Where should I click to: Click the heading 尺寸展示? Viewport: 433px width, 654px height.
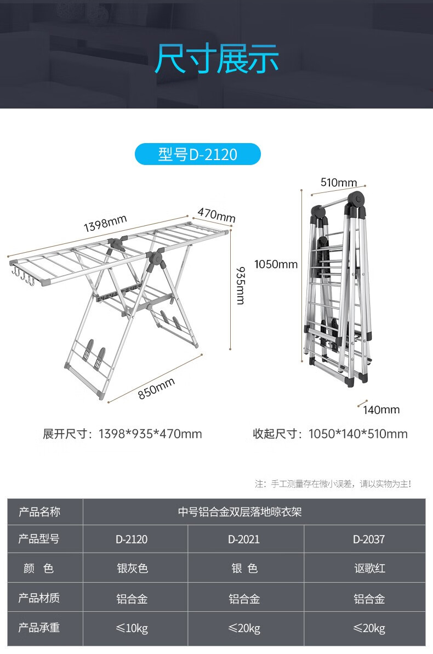click(216, 59)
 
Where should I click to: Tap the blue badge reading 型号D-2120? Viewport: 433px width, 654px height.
click(197, 155)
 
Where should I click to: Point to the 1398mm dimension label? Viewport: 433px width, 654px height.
click(105, 223)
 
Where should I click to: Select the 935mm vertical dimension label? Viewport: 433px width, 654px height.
click(240, 285)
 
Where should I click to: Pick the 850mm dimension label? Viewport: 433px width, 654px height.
click(156, 388)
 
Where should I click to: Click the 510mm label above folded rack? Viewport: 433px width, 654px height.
click(338, 183)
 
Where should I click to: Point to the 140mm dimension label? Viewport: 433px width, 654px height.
click(381, 410)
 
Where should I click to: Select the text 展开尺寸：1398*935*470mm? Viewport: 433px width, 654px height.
click(123, 434)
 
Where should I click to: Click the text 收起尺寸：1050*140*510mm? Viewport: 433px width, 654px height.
click(330, 434)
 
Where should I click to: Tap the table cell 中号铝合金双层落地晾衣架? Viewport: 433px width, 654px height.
click(240, 512)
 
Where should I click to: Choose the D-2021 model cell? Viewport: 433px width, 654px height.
click(244, 539)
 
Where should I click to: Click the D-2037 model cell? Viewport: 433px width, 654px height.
click(369, 539)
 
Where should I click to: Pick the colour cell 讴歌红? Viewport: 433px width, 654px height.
click(369, 568)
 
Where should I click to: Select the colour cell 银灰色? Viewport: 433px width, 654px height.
click(132, 568)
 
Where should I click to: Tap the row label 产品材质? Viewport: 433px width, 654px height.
click(39, 598)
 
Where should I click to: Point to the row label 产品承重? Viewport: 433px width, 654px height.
click(39, 628)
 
